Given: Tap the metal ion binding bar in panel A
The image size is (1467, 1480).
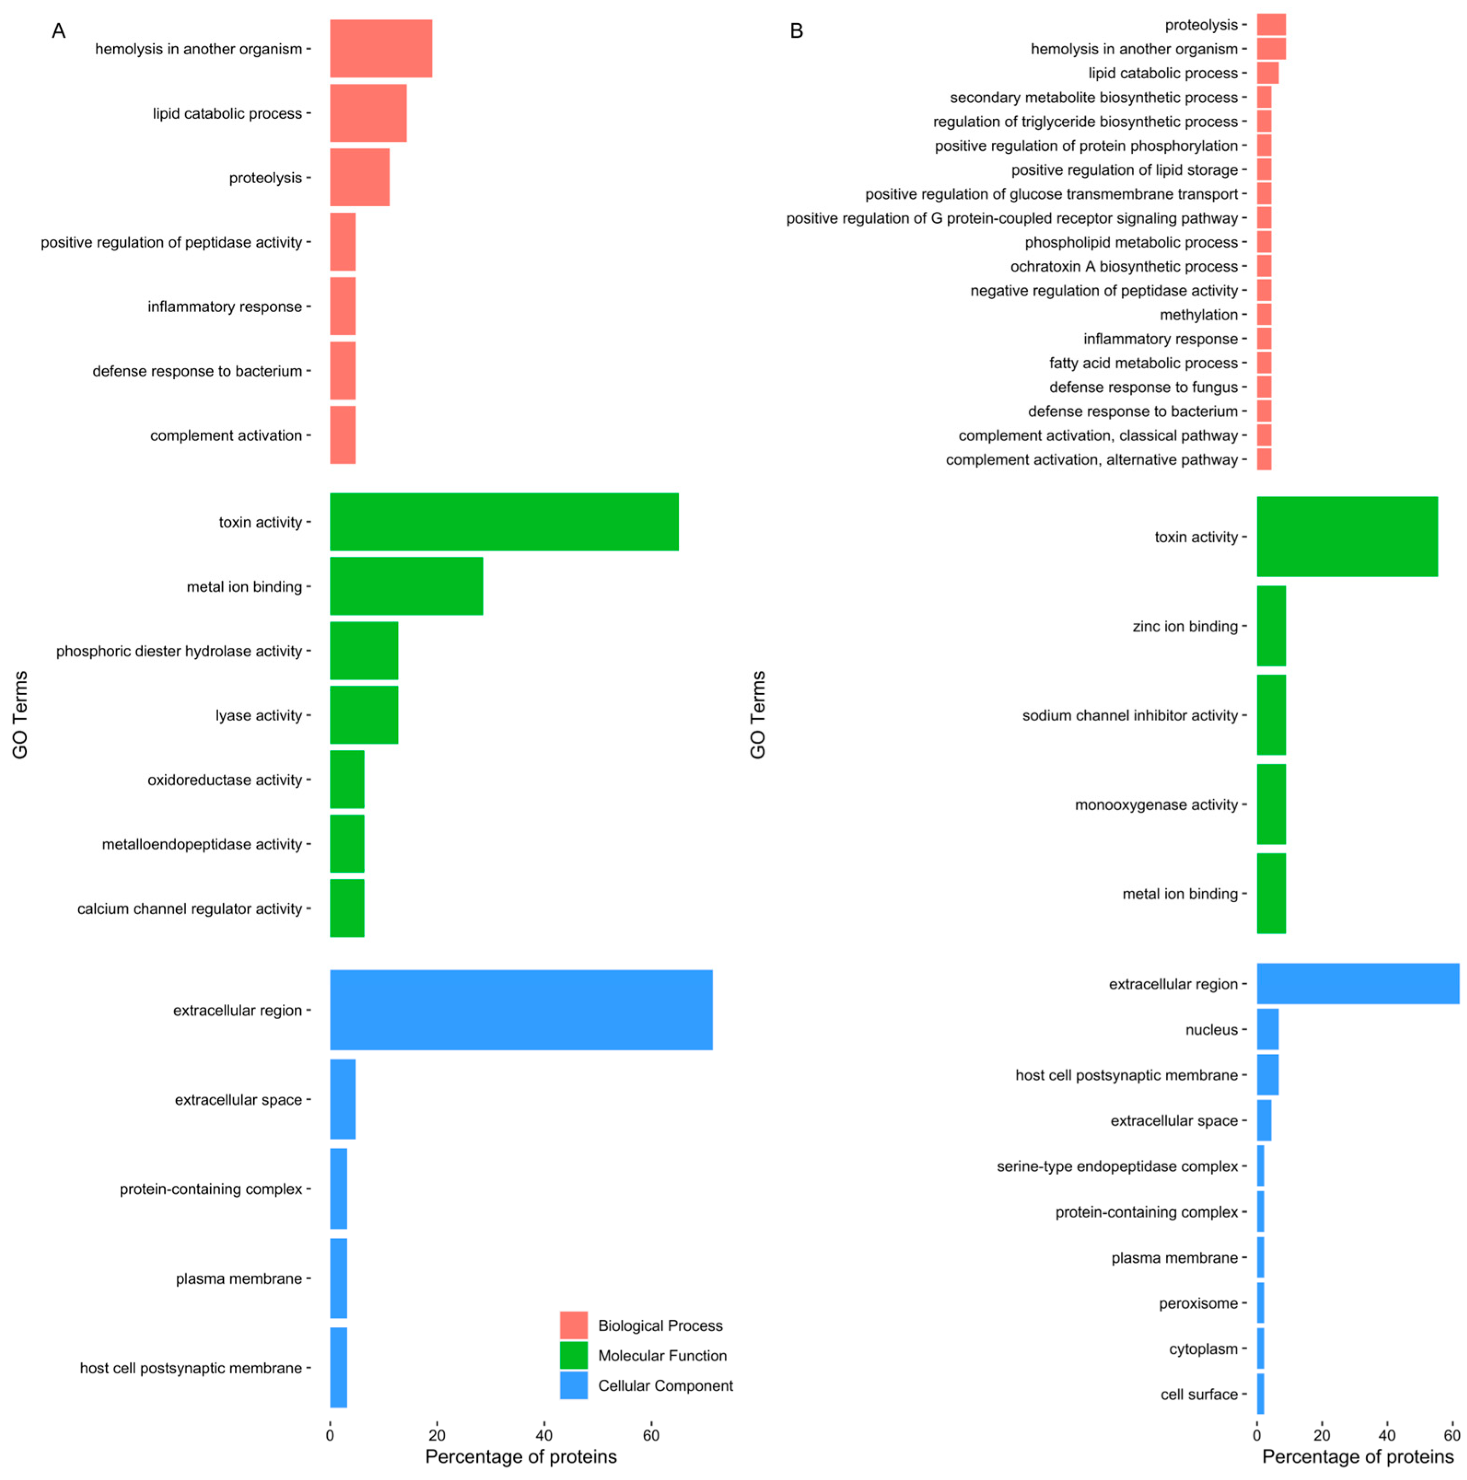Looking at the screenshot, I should coord(406,586).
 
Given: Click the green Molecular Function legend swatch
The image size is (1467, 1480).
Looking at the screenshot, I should coord(573,1355).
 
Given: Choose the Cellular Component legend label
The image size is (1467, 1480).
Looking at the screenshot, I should coord(665,1385).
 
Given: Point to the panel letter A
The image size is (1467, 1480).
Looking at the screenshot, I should coord(58,31).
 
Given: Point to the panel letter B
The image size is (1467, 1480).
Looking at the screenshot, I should coord(796,31).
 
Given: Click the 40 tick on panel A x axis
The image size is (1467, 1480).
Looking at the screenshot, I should coord(544,1435).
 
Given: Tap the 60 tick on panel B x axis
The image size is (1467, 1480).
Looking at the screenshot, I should coord(1451,1435).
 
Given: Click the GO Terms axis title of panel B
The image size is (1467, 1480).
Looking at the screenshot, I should coord(757,715).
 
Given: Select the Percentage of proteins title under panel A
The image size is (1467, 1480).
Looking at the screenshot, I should coord(521,1456).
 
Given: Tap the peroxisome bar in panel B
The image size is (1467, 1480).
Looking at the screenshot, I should coord(1260,1303).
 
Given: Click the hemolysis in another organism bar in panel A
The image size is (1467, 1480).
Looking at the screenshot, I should coord(381,48).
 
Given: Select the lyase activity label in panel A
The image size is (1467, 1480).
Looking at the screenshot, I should coord(258,715).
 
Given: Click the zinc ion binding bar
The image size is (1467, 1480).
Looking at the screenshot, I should coord(1271,626).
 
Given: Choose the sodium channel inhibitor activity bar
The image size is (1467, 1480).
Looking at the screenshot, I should coord(1271,715).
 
